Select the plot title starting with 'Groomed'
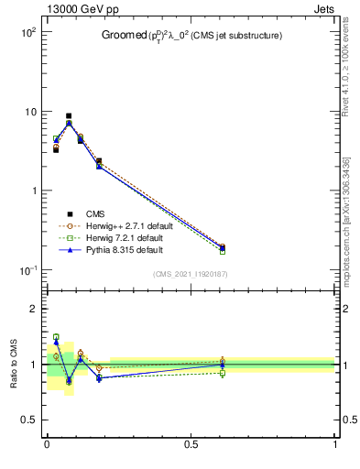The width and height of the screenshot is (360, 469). [x=191, y=36]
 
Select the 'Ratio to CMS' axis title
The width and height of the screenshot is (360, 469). [x=14, y=364]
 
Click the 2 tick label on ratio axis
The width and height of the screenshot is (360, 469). [x=34, y=309]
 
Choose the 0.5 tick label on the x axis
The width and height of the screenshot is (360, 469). [x=191, y=444]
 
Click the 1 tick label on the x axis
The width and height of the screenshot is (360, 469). [x=335, y=444]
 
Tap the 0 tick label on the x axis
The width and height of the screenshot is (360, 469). [x=47, y=444]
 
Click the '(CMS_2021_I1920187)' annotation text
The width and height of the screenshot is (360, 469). [x=191, y=274]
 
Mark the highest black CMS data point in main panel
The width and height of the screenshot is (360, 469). [x=69, y=116]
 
